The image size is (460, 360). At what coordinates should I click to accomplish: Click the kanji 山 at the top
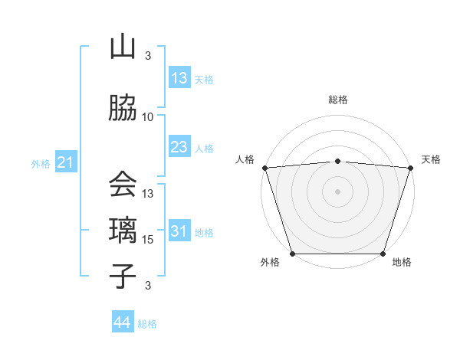123,47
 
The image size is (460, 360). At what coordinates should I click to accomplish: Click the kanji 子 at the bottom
123,275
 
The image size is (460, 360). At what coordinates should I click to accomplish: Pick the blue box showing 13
179,78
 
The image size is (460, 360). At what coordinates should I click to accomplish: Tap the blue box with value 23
179,147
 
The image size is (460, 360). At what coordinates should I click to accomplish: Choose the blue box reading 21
65,162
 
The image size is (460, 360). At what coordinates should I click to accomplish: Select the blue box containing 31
179,231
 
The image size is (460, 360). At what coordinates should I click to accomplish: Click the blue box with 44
123,322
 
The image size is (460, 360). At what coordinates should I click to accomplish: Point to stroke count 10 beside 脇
148,117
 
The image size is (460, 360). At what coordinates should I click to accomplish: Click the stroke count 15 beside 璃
149,240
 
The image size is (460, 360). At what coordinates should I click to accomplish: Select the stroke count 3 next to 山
148,55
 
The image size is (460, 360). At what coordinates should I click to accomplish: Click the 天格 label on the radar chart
432,159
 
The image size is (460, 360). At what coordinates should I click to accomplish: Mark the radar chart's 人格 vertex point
265,168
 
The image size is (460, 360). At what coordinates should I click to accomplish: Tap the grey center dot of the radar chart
337,191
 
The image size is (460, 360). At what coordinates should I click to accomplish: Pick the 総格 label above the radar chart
337,100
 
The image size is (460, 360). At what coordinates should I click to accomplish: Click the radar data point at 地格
383,253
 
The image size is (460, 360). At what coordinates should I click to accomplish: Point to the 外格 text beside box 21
41,163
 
